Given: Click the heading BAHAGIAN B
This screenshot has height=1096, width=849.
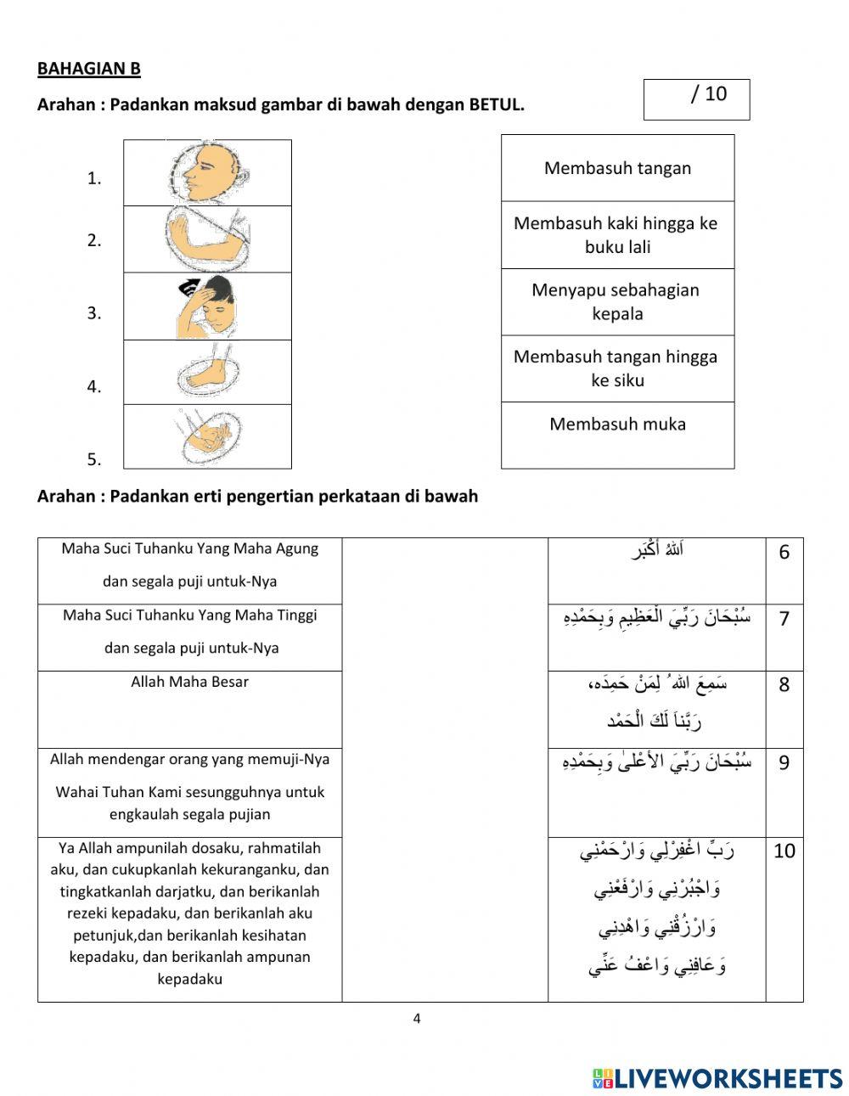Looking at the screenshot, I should (88, 69).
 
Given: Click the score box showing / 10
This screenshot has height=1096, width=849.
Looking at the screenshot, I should (696, 99).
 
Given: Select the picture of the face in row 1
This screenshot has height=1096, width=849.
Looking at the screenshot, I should (207, 173).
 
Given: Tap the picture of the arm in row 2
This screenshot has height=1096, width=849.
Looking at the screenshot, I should (207, 239).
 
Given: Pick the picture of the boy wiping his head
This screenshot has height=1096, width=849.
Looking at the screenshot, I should (207, 306).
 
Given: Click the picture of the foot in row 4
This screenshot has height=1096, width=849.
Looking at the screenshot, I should (207, 372).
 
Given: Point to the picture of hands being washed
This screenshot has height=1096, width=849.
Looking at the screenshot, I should (207, 436).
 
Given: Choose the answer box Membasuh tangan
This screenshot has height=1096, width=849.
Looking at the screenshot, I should (617, 168).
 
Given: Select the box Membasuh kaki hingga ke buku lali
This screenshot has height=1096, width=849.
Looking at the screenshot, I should (617, 235).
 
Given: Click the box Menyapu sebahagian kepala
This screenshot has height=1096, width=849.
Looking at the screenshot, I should (617, 301).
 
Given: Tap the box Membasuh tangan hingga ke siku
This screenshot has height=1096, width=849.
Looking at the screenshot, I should (617, 368).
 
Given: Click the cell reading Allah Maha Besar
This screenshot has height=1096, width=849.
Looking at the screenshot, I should (189, 682).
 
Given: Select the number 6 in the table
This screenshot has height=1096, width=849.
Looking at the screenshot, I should (784, 553).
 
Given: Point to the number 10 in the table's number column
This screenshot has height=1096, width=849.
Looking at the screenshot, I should (784, 851).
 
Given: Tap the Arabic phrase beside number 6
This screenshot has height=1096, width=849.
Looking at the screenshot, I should (657, 550).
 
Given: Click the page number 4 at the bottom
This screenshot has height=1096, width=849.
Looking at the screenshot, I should (416, 1019).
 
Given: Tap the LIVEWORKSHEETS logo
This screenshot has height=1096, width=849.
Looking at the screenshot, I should (717, 1078).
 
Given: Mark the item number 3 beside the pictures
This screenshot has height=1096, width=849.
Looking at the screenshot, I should (93, 313).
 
